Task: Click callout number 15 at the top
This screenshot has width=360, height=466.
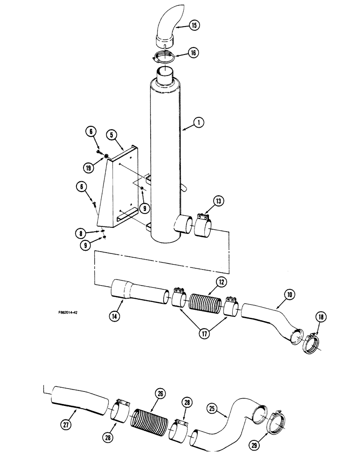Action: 195,25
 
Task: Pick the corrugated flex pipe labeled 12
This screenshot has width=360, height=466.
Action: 203,304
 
